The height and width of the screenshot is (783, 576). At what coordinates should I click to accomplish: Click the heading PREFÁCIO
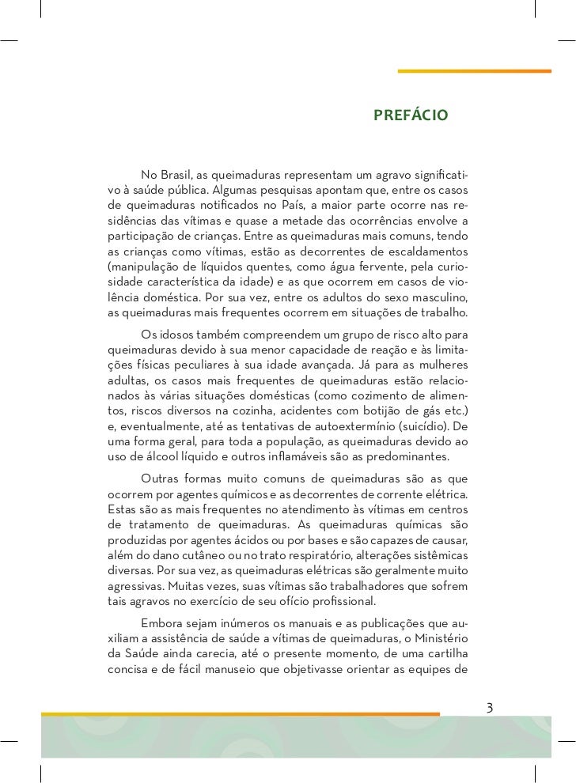[410, 117]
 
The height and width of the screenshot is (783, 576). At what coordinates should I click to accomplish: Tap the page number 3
[490, 706]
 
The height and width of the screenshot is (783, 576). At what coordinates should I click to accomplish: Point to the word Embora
[161, 622]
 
